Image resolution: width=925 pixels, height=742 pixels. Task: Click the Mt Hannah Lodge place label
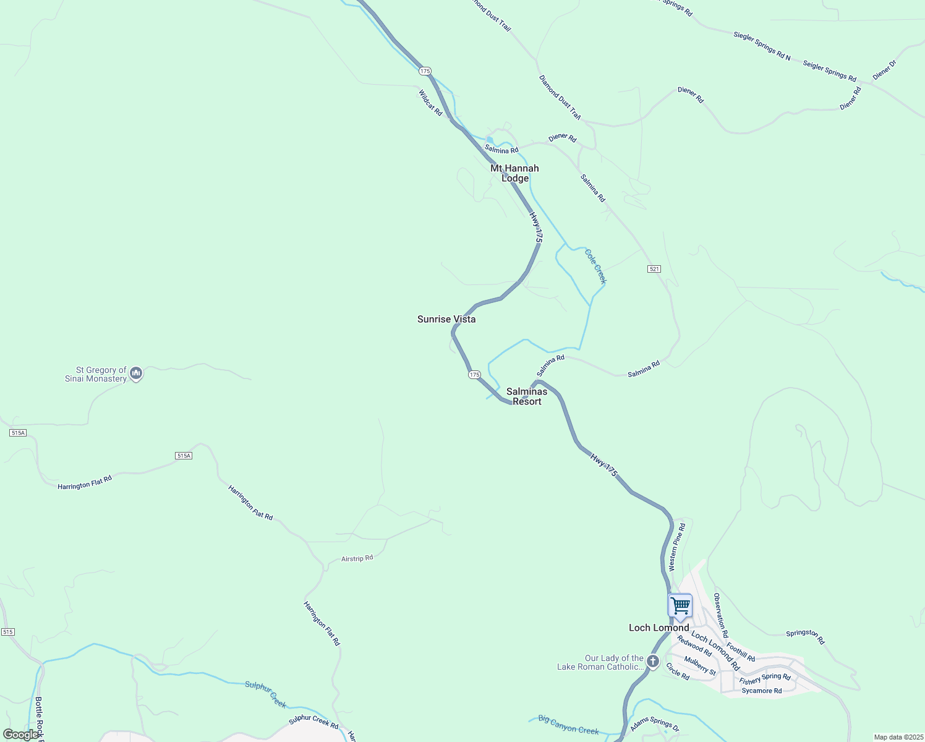pos(514,173)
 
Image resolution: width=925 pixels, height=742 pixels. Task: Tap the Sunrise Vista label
pos(446,319)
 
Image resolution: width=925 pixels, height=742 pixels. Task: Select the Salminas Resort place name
pos(527,396)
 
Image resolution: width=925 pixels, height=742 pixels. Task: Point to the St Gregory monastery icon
pos(137,373)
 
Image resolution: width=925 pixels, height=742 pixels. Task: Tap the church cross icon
pos(653,662)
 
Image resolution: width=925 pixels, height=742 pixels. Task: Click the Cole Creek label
pos(596,267)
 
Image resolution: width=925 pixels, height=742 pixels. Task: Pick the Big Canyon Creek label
pos(568,725)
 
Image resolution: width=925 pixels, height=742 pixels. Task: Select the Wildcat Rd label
pos(430,103)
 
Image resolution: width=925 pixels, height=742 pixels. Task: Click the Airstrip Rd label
pos(357,558)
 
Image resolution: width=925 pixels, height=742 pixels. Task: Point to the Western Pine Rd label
pos(677,547)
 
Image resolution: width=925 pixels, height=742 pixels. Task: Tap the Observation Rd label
pos(721,615)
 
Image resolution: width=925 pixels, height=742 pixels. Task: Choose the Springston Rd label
pos(806,637)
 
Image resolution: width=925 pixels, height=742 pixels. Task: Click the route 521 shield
pos(655,269)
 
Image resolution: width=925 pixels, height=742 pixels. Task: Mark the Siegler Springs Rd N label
pos(762,46)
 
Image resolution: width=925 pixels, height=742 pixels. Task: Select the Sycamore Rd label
pos(762,691)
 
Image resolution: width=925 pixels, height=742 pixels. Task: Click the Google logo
pos(22,735)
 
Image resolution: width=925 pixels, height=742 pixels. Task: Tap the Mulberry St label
pos(700,667)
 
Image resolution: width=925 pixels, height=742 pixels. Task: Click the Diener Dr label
pos(884,70)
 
